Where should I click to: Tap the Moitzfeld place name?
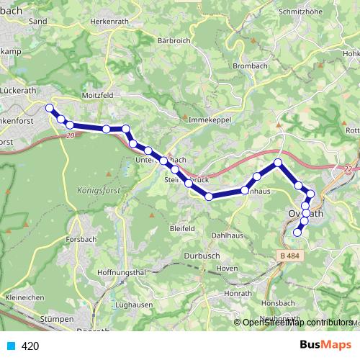(99, 95)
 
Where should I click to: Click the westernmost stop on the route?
(50, 108)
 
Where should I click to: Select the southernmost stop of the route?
(297, 232)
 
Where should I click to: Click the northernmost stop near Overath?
(278, 163)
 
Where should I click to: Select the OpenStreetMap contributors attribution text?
(297, 322)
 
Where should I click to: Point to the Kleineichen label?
(26, 297)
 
